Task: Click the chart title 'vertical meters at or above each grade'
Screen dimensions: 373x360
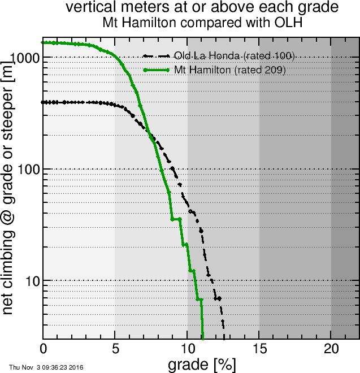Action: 202,8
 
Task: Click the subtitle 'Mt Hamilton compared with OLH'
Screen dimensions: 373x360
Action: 202,23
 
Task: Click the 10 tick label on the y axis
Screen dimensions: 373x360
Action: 31,281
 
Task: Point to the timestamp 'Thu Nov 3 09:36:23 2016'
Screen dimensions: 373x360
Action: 46,367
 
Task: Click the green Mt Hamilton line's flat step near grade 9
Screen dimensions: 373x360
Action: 176,219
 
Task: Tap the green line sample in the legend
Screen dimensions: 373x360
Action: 157,70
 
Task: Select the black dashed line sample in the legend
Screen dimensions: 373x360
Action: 157,56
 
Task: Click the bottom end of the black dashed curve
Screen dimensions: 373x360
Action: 223,327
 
